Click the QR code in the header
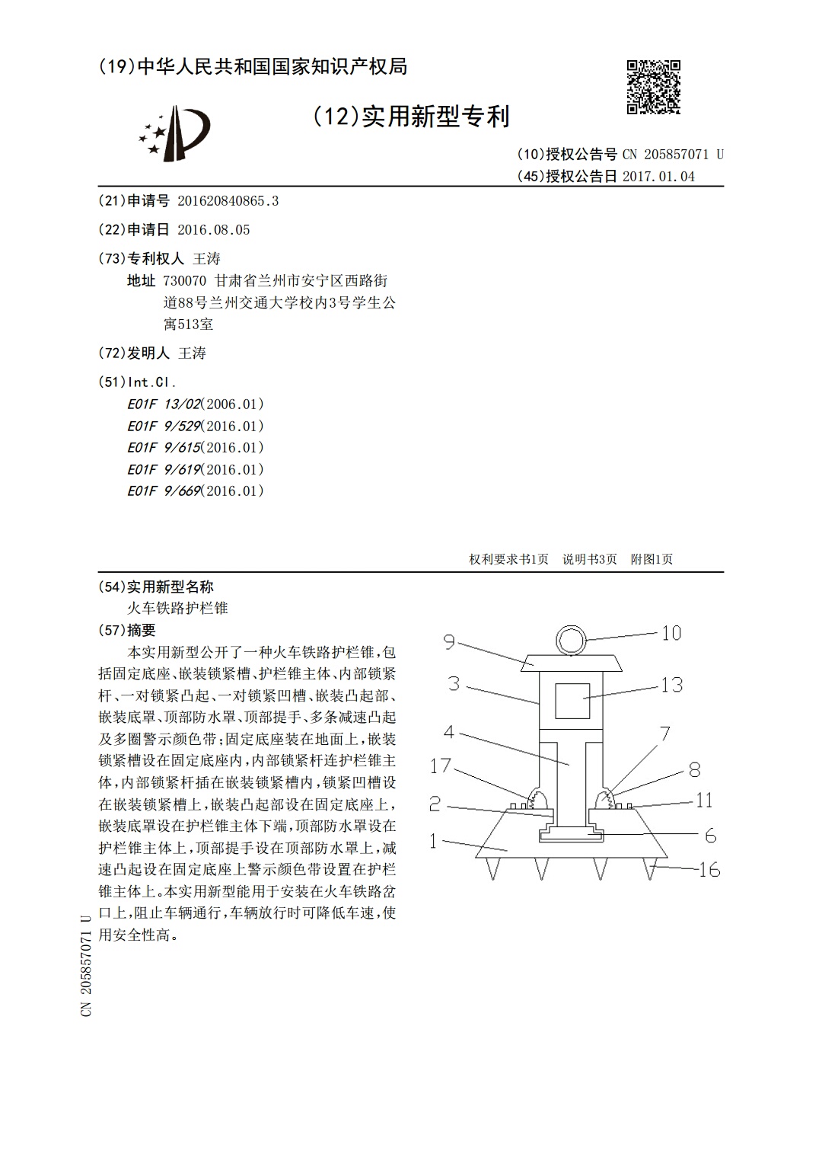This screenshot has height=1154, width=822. [654, 87]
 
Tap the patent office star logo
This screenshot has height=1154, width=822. [174, 133]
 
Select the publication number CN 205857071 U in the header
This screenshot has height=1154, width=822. [673, 154]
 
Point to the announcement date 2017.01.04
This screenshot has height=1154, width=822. [658, 176]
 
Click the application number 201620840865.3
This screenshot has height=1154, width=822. [228, 201]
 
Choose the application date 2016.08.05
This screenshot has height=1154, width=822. [214, 230]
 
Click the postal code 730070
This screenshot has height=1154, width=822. [185, 281]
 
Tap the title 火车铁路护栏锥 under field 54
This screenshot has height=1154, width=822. [177, 608]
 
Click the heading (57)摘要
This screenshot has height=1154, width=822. [126, 630]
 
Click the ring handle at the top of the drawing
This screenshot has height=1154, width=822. [572, 640]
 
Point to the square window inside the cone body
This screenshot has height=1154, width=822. [572, 701]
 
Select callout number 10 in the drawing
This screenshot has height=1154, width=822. [671, 633]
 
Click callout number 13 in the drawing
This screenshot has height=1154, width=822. [672, 685]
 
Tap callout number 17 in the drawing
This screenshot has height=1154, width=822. [441, 766]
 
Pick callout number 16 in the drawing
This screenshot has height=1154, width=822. [709, 870]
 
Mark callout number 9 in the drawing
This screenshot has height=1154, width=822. [449, 642]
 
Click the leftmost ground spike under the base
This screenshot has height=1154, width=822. [492, 868]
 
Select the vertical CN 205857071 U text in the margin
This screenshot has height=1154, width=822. [86, 965]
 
